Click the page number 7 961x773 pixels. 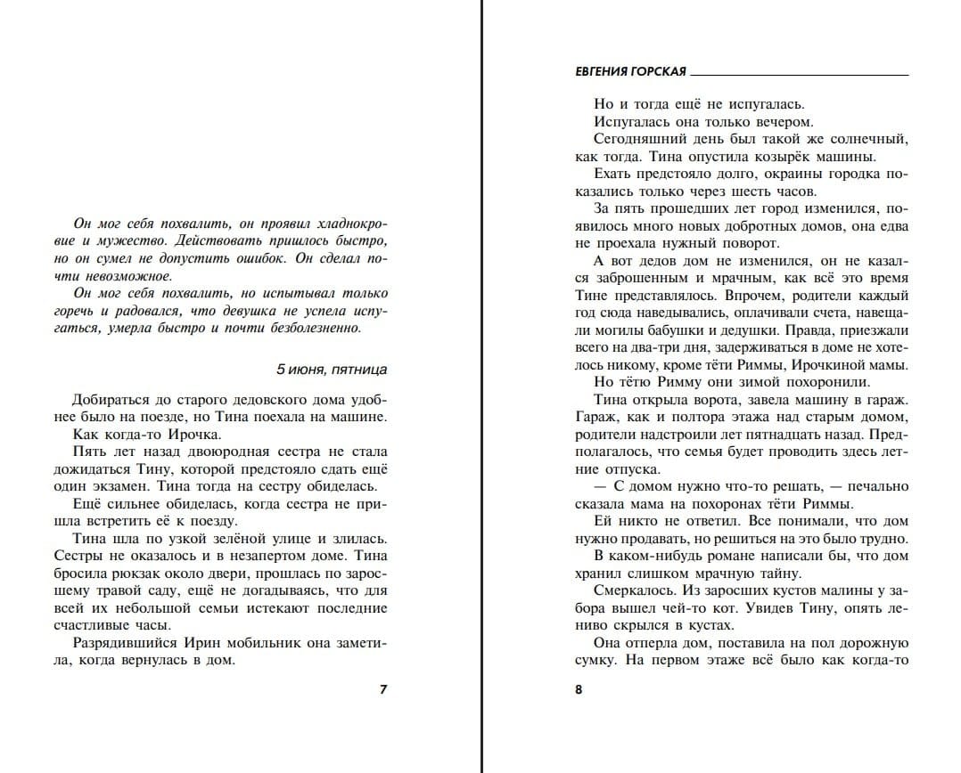pyautogui.click(x=383, y=688)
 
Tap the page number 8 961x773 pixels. pyautogui.click(x=579, y=688)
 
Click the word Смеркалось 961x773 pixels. pyautogui.click(x=632, y=590)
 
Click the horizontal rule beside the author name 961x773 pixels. pyautogui.click(x=800, y=75)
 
